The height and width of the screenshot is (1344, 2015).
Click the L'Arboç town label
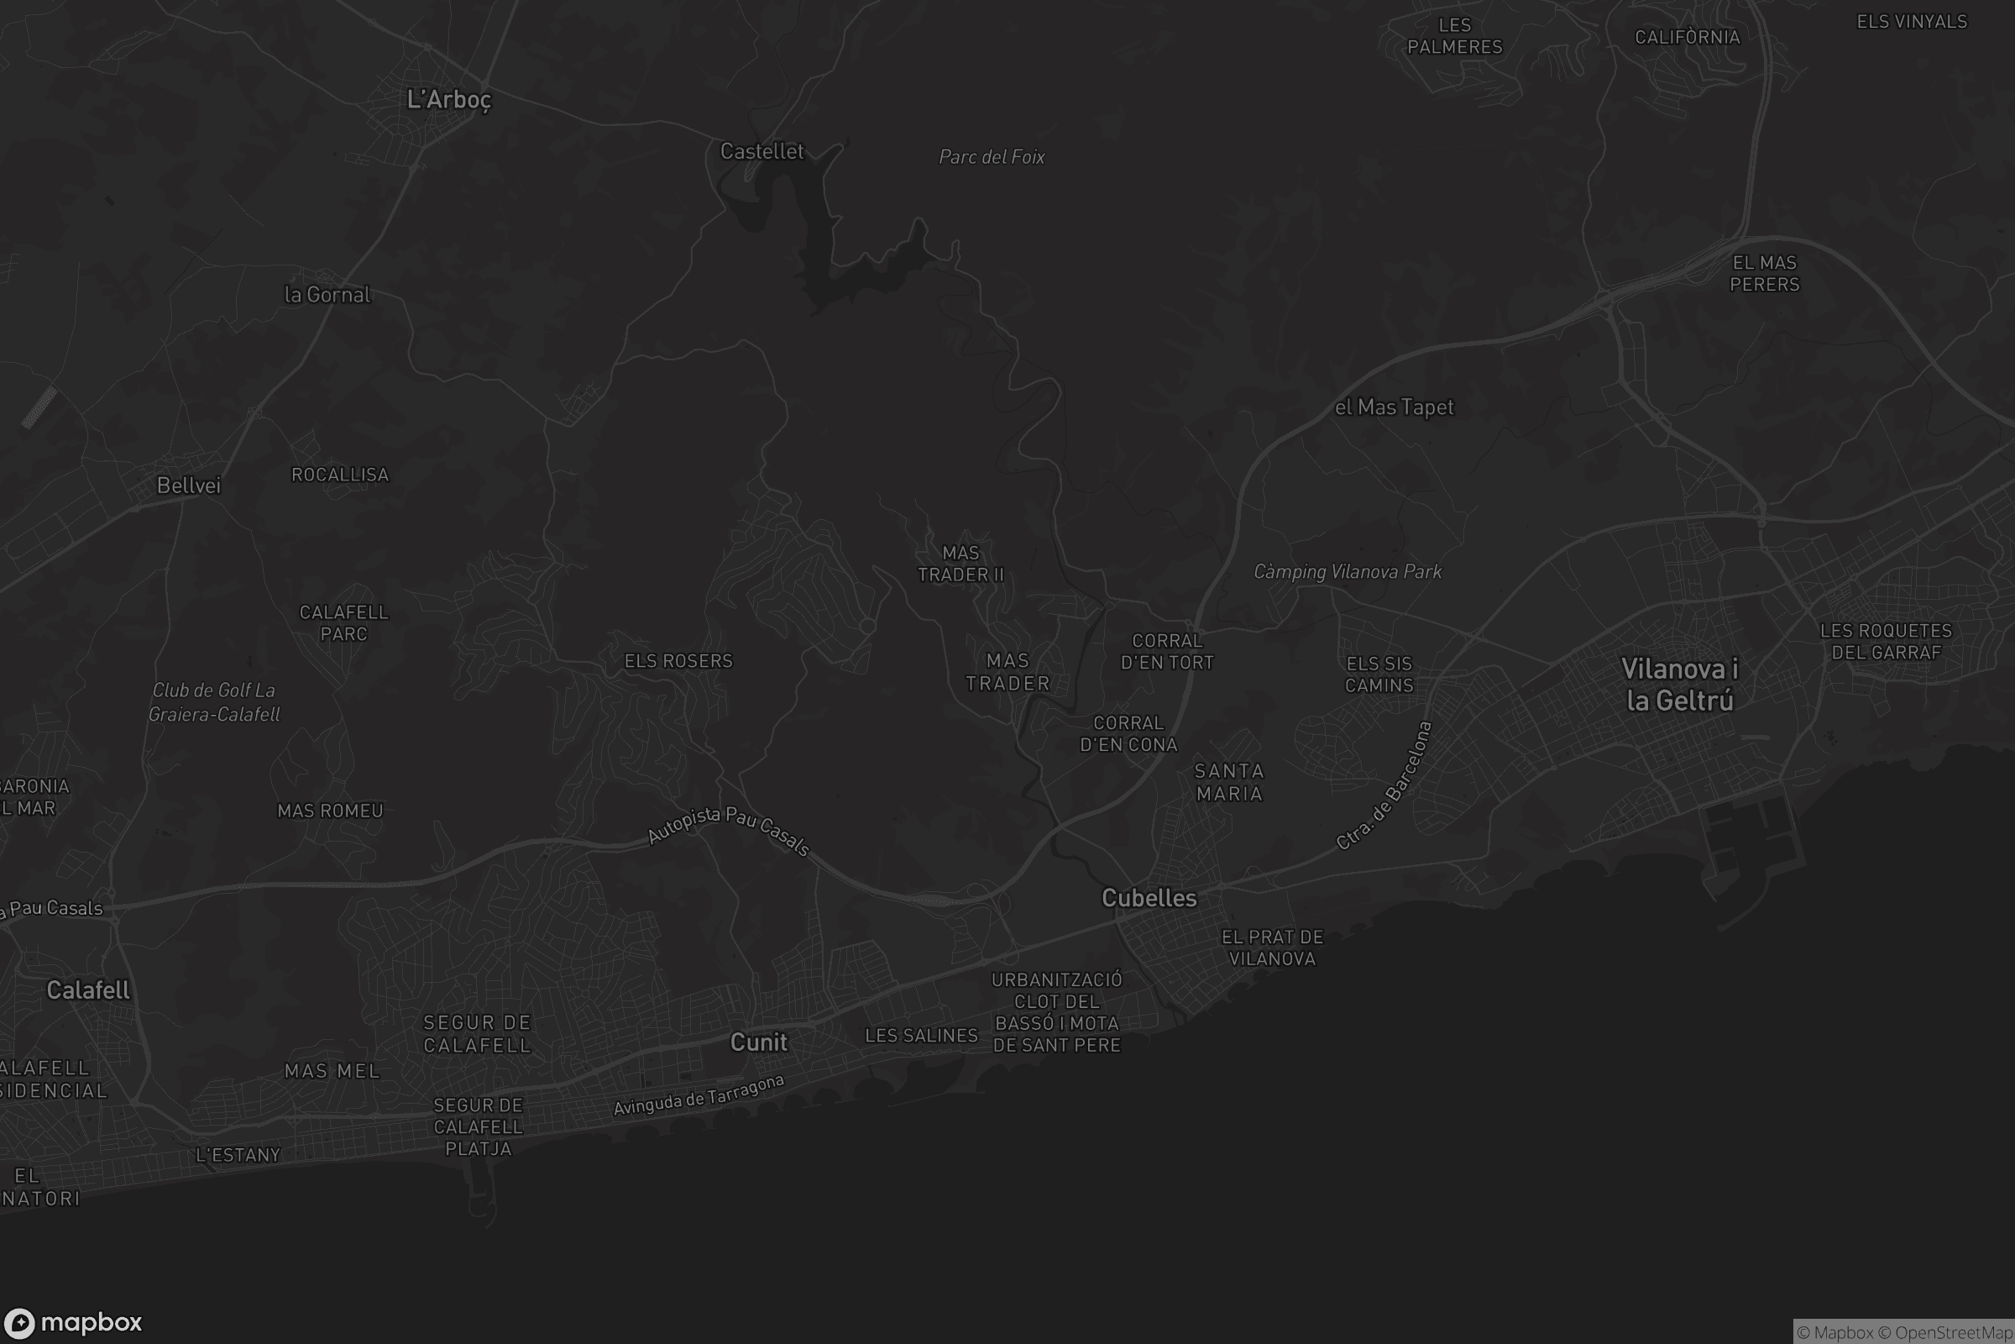pos(449,99)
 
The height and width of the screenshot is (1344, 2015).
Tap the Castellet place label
pos(762,152)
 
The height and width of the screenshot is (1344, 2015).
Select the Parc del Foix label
pos(992,157)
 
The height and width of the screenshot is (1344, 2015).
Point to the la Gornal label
pos(327,295)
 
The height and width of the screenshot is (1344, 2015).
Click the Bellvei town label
pos(188,486)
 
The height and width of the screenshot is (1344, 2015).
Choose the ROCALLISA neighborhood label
pos(340,475)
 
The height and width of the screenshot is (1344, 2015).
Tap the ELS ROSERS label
pos(678,661)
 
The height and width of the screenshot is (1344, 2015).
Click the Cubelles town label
pos(1149,897)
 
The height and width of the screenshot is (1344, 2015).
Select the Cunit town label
pos(758,1042)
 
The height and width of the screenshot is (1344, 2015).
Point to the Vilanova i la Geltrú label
pos(1679,685)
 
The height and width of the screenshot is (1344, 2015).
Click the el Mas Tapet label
pos(1394,407)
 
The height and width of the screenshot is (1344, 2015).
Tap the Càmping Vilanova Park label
pos(1347,572)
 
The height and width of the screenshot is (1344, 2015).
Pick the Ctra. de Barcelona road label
pos(1384,786)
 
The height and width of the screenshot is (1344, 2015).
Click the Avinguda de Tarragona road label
pos(699,1095)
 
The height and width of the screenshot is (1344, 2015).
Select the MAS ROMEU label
pos(330,811)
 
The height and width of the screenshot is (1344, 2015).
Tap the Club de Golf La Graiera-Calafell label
pos(214,702)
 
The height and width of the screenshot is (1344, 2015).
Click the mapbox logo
pos(72,1322)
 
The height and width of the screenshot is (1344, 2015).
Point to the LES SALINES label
pos(921,1036)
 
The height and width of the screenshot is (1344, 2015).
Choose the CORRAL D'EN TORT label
pos(1167,652)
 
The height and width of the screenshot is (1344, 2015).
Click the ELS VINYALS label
pos(1912,23)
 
